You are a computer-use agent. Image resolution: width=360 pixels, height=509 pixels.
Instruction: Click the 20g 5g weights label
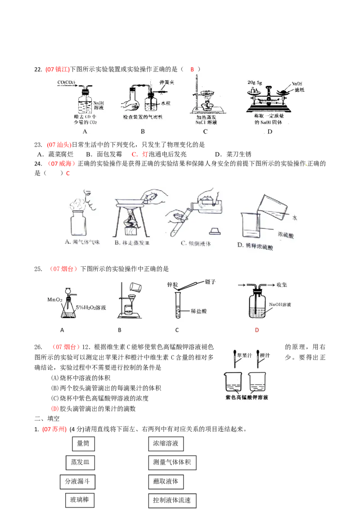coord(256,83)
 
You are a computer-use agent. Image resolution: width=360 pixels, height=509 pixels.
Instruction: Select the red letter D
coord(257,330)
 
